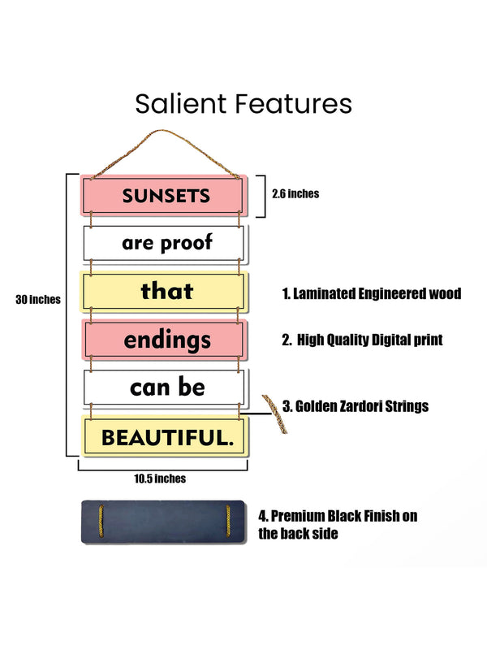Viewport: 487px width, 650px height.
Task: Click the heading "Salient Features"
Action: point(243,104)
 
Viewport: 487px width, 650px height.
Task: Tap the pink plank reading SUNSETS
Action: point(162,195)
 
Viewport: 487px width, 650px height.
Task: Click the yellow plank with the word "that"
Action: point(162,290)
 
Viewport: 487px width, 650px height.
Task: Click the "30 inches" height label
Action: point(38,299)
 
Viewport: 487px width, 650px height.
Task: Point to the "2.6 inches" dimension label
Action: point(295,193)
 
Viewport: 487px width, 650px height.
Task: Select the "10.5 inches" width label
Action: point(160,479)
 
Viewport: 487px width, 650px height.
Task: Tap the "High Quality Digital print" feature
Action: point(362,340)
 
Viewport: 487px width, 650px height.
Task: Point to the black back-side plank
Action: point(162,522)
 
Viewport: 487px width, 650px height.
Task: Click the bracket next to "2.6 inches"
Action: point(263,196)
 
